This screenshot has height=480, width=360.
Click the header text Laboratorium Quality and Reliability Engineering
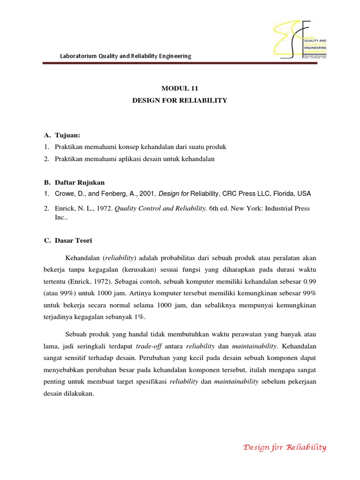tap(126, 56)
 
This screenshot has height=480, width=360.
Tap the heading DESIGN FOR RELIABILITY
tap(180, 100)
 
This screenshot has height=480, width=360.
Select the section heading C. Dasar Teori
tap(68, 240)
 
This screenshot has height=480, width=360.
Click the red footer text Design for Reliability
tap(285, 447)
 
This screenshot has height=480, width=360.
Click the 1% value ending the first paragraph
tap(139, 317)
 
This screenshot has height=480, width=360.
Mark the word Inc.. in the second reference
tap(62, 218)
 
